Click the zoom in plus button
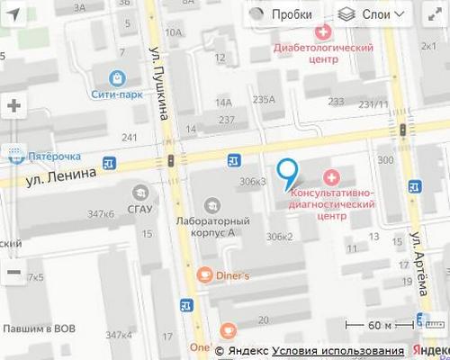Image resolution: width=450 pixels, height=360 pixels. point(13,105)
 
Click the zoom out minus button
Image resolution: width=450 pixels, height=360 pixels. point(13,271)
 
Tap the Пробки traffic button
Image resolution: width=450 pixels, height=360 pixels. point(281,14)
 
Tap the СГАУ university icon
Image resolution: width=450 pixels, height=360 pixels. point(140,192)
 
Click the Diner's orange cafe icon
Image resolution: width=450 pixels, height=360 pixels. point(205,275)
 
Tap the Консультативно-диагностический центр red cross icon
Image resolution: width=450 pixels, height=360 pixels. point(331,178)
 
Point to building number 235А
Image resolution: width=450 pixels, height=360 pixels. point(265,99)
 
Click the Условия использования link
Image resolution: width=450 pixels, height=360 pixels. point(338,350)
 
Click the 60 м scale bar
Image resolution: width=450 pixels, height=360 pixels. point(387,326)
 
